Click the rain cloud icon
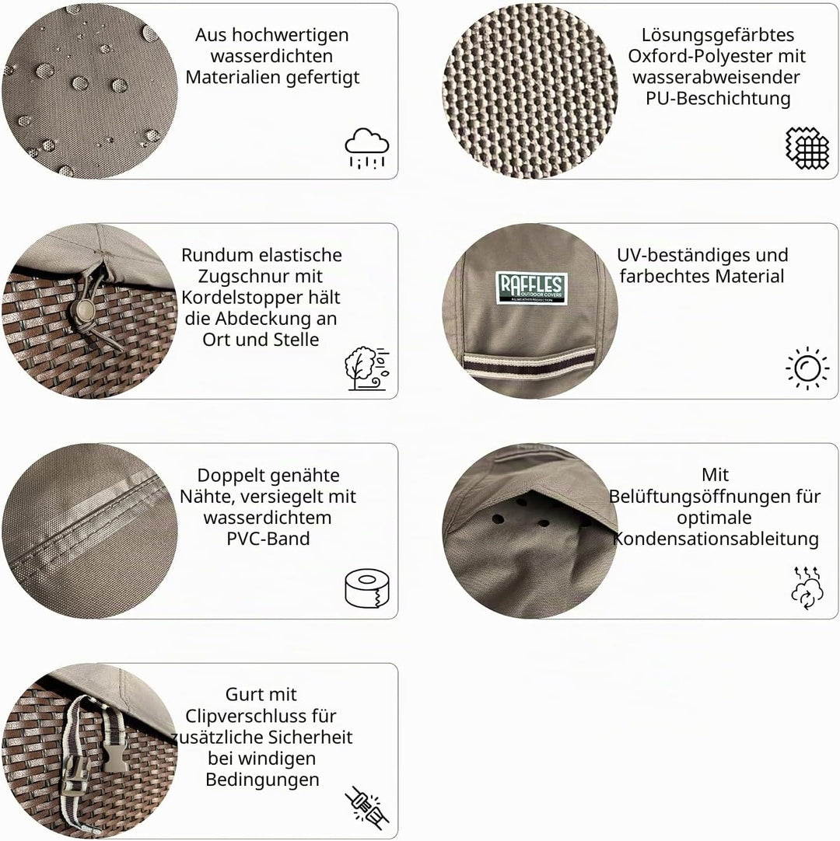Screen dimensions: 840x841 point(367,148)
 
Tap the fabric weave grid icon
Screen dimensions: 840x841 point(807,148)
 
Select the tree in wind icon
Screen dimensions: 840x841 point(367,368)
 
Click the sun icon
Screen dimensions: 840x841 point(807,368)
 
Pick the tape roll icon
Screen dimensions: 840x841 point(367,588)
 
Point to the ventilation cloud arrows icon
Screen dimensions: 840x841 point(807,588)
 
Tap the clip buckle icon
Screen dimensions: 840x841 point(367,808)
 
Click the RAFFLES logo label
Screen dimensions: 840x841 point(531,288)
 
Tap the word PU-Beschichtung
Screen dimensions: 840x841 point(718,98)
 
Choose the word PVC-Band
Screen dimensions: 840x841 point(268,539)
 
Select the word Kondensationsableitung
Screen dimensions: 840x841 point(716,539)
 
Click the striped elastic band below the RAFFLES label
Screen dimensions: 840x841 point(530,365)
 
